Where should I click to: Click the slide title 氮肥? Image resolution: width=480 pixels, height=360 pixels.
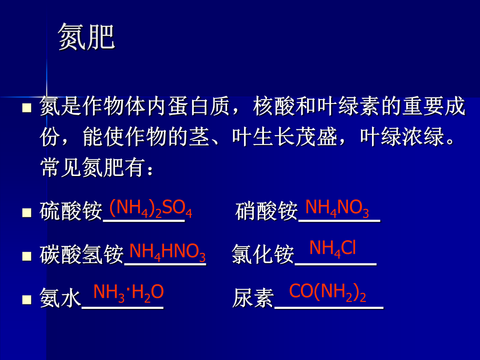(86, 37)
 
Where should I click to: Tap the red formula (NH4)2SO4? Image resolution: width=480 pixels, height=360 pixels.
(151, 208)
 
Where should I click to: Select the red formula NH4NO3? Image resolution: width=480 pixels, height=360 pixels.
(337, 208)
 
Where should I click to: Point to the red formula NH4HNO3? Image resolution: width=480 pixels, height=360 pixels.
(168, 252)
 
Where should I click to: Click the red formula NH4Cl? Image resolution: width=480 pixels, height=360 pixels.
(332, 248)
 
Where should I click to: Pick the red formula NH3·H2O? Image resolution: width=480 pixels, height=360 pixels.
(128, 293)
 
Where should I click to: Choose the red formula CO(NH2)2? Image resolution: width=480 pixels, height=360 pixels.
(328, 292)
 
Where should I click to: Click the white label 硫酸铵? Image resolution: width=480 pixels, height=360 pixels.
(71, 211)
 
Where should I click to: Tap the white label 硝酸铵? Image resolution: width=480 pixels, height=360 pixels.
(267, 211)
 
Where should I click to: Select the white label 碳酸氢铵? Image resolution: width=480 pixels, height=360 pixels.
(81, 254)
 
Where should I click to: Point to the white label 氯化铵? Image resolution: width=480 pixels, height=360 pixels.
(263, 254)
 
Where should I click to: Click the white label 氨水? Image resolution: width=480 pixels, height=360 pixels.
(60, 298)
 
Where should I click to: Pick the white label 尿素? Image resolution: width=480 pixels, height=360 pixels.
(253, 298)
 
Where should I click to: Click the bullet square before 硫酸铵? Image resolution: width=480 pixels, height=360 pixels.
(27, 213)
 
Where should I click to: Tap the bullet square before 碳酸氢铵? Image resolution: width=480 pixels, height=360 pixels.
(27, 256)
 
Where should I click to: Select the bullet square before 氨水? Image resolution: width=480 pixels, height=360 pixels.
(27, 300)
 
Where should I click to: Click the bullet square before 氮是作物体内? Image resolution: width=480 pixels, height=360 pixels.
(27, 108)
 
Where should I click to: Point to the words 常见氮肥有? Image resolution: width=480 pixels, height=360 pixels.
(92, 168)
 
